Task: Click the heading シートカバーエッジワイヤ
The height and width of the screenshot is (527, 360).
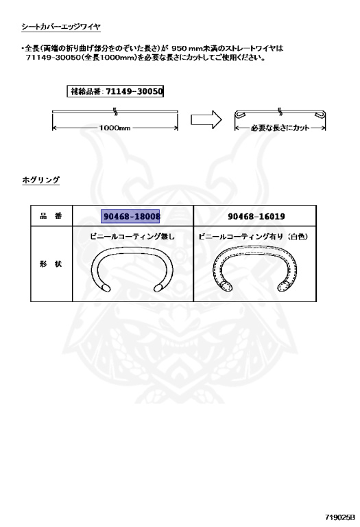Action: point(61,27)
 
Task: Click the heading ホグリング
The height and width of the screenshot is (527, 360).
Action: point(40,180)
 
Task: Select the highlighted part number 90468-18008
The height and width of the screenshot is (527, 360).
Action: point(131,216)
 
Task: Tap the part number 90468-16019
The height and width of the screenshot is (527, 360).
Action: point(256,216)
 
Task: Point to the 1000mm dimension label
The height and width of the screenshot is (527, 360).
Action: point(115,128)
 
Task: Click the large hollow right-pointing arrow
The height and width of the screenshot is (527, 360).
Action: point(206,119)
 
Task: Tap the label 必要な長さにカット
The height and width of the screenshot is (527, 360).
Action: point(280,128)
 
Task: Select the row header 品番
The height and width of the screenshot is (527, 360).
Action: point(51,215)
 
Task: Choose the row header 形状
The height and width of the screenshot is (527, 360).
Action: point(51,263)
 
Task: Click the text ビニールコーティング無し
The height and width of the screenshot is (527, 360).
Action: point(132,236)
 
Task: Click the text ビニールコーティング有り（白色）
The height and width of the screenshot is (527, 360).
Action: point(254,236)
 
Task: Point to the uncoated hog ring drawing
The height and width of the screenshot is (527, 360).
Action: point(132,250)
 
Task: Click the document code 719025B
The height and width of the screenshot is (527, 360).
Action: point(339,517)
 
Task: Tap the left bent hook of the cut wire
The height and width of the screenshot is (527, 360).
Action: point(240,115)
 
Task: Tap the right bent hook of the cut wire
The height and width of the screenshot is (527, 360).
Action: point(320,115)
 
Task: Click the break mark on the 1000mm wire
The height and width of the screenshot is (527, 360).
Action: point(115,111)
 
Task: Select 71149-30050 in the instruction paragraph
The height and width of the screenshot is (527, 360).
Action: point(53,58)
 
